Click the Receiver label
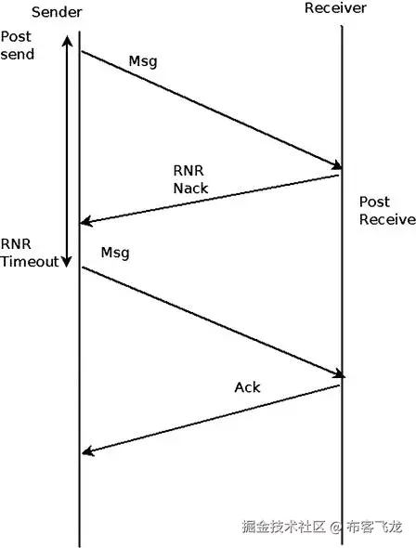coord(336,8)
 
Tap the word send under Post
coord(19,55)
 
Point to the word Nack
coord(190,189)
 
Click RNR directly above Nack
coord(188,173)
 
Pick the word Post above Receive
coord(375,202)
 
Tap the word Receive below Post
coord(386,220)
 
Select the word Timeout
coord(30,262)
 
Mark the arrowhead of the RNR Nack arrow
coord(85,222)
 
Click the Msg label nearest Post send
coord(142,62)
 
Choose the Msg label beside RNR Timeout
coord(115,253)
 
